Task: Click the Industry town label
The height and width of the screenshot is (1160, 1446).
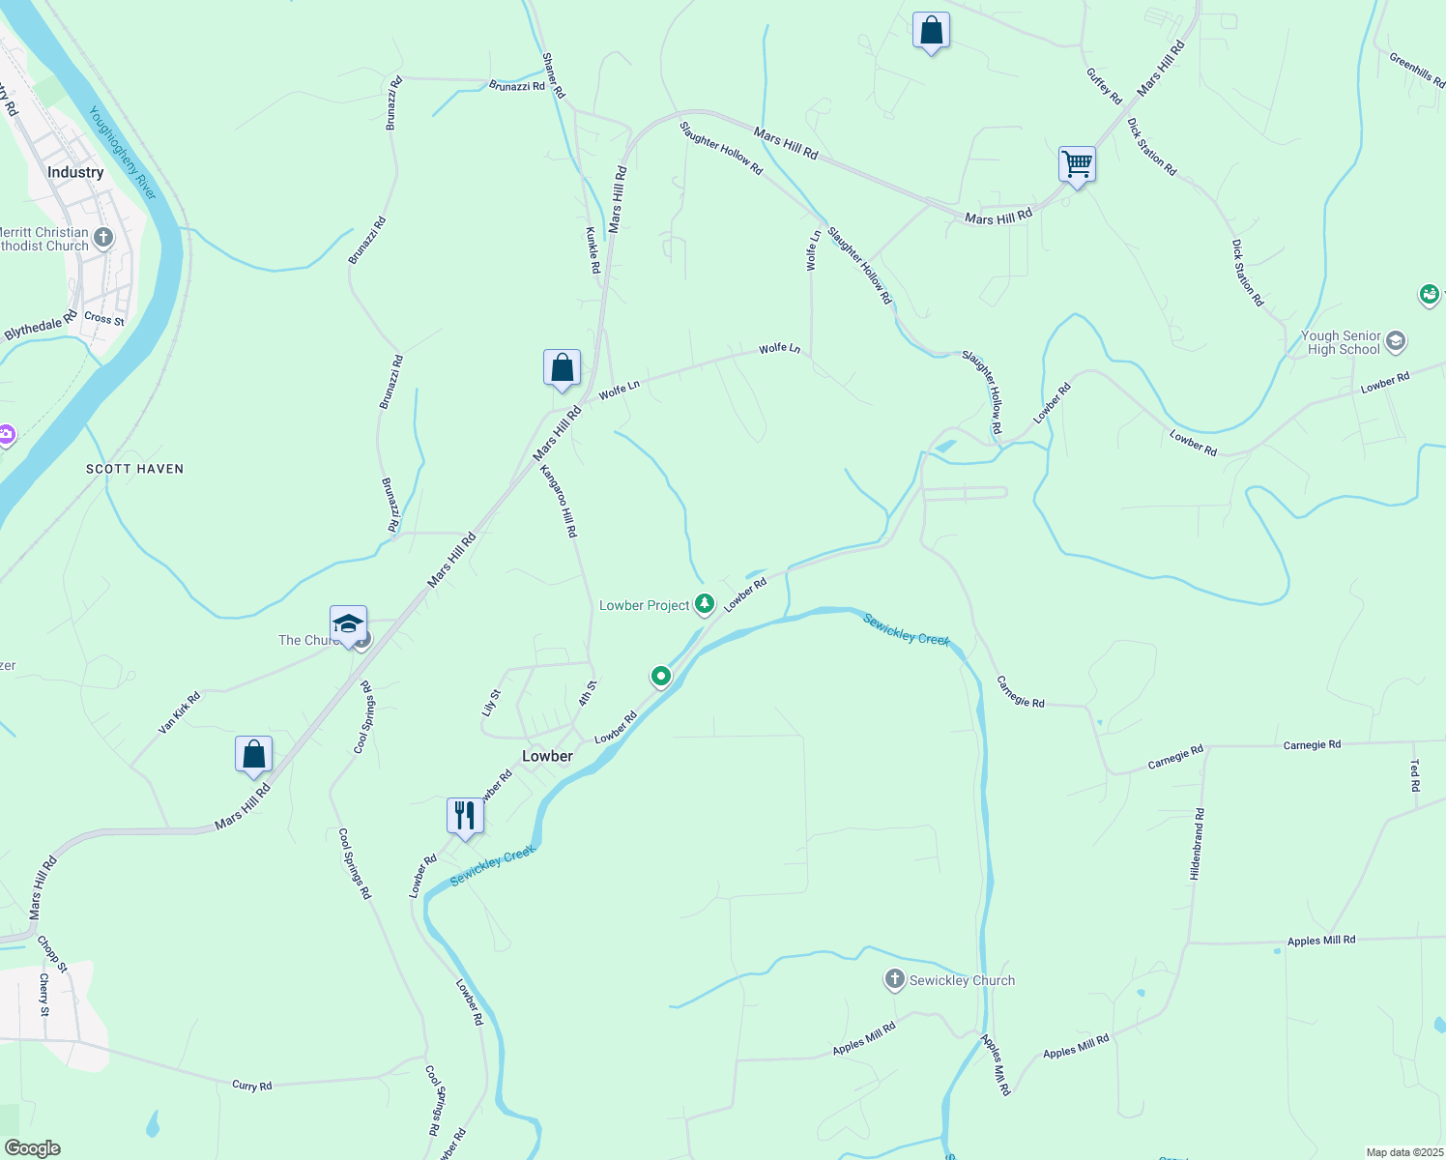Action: click(75, 172)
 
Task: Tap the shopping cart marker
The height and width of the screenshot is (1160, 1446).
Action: click(1077, 163)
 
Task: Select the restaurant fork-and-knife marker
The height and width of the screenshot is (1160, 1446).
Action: click(465, 816)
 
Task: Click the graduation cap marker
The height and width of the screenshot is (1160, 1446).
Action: click(348, 623)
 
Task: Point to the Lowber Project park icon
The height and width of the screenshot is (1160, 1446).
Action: click(705, 605)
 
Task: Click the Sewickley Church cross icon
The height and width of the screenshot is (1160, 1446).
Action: click(894, 980)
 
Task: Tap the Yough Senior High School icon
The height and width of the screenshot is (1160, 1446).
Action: click(1395, 341)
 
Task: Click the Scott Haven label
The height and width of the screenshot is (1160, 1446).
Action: click(134, 469)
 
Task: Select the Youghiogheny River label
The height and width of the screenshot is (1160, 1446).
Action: click(123, 153)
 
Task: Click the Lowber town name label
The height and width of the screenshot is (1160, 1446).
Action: click(547, 756)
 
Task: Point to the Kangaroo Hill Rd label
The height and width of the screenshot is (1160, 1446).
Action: click(559, 501)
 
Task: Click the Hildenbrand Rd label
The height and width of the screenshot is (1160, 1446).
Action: click(1197, 844)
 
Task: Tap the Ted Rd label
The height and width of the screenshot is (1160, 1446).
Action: click(1415, 775)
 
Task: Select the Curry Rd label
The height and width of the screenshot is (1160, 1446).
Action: click(252, 1086)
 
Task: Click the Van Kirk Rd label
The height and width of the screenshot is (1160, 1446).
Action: click(180, 711)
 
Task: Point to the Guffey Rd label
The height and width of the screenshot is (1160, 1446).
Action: click(1104, 86)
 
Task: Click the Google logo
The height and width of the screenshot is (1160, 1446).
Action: click(33, 1148)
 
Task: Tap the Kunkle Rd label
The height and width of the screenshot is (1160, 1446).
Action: click(593, 250)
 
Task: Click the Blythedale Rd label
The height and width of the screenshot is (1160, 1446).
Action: click(41, 326)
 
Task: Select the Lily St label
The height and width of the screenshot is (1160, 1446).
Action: click(491, 702)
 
